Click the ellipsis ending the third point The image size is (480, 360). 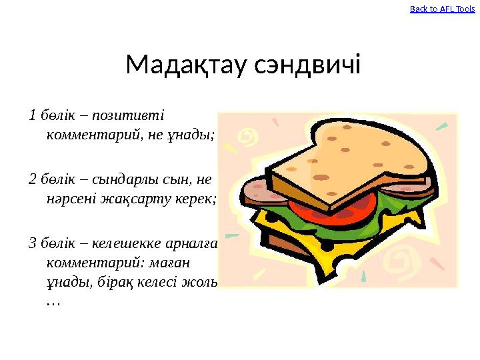52,303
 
